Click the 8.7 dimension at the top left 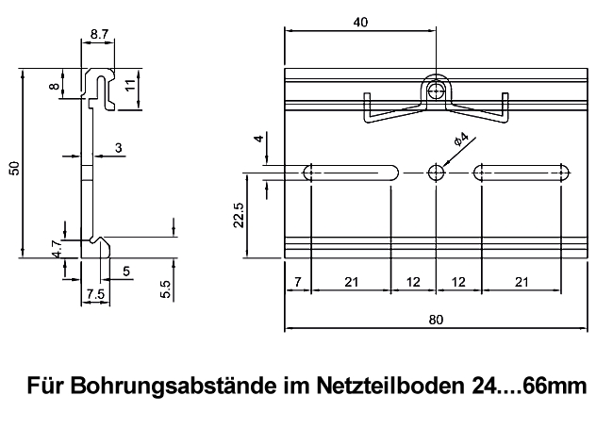point(99,35)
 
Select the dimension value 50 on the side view point(13,167)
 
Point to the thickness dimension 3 point(118,147)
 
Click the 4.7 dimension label point(57,250)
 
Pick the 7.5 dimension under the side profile point(94,295)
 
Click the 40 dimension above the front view point(358,25)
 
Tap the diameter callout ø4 point(461,140)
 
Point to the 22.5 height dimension point(240,215)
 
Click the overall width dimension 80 point(435,320)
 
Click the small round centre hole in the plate point(436,173)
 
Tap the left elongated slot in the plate point(351,173)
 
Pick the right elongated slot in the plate point(522,173)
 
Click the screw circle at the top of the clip point(436,91)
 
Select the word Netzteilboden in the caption point(382,387)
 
